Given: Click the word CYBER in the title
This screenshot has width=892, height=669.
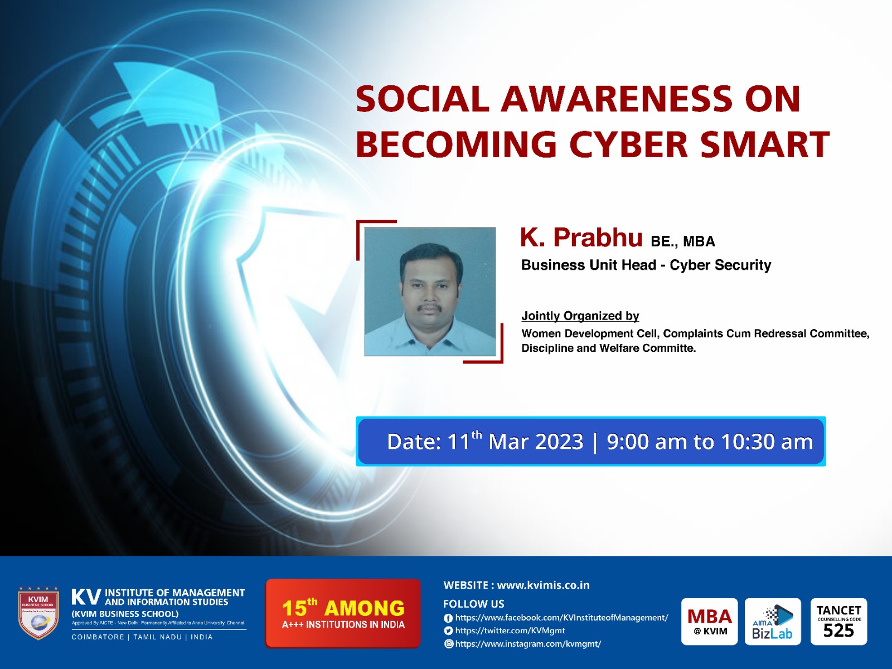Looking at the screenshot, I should (629, 144).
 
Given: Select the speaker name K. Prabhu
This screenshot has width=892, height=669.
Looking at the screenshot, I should (581, 238).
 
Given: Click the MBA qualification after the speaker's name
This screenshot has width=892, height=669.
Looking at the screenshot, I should (699, 241).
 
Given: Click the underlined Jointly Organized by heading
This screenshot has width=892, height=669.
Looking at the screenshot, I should (580, 316).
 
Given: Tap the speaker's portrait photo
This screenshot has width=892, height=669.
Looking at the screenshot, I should (430, 292).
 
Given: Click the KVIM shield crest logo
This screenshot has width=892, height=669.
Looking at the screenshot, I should (38, 613).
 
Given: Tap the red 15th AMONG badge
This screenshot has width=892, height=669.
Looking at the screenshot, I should (343, 613).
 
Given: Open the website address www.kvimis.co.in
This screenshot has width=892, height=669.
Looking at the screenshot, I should (543, 585).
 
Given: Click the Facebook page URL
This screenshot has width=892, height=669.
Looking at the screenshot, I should (561, 618).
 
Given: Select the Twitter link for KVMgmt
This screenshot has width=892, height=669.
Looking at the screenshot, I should (510, 631).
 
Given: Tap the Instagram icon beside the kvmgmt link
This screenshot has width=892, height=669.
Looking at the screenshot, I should (448, 644).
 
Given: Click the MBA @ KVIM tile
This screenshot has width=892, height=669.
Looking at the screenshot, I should (709, 622).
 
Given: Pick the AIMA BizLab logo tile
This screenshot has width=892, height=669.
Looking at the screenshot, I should (773, 622).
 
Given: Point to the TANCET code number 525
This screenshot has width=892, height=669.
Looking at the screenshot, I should (838, 631).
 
